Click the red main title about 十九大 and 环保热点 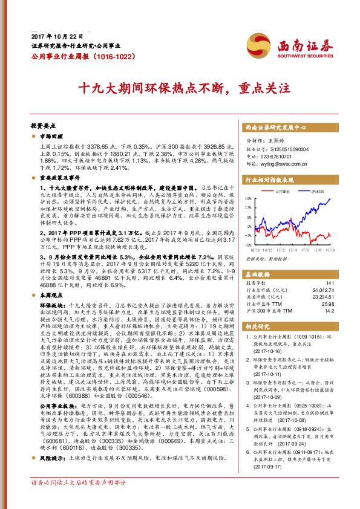tap(180, 88)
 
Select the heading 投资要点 tap(43, 126)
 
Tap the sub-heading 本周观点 tap(52, 279)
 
